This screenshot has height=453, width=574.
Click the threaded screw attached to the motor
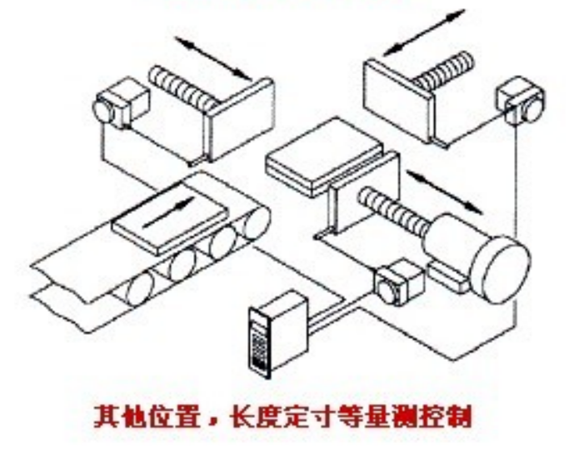(392, 210)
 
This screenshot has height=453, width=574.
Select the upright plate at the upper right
(398, 97)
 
